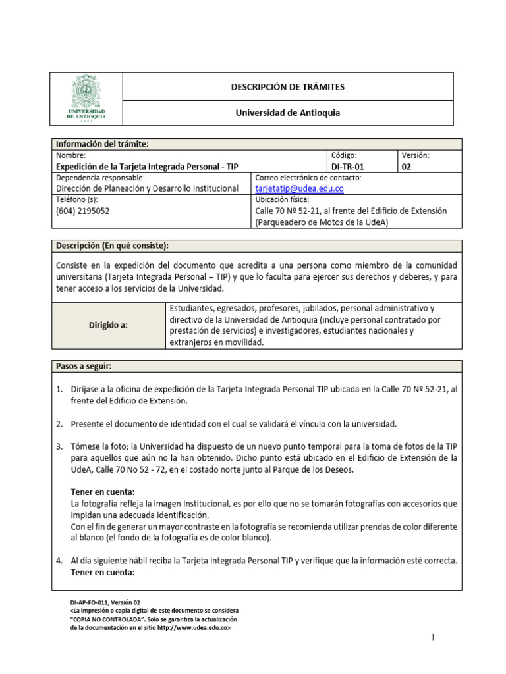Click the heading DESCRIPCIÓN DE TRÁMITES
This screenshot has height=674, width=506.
[x=287, y=87]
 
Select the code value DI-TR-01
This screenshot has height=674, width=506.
[x=347, y=167]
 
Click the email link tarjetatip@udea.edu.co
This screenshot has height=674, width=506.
[x=298, y=188]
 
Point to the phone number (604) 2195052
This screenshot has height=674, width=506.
[x=83, y=211]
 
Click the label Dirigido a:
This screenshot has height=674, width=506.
[x=108, y=324]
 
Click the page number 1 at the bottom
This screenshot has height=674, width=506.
[x=434, y=637]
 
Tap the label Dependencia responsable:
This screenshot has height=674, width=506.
[x=100, y=178]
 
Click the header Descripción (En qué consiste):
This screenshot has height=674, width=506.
[x=112, y=246]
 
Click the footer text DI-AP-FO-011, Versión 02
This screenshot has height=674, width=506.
[x=105, y=602]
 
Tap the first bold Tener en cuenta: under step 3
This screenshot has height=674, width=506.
[x=102, y=492]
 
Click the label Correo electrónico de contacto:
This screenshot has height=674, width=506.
[x=308, y=178]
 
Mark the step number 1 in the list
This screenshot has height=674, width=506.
[x=59, y=389]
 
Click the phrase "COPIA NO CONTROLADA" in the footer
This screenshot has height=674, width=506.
[x=105, y=619]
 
